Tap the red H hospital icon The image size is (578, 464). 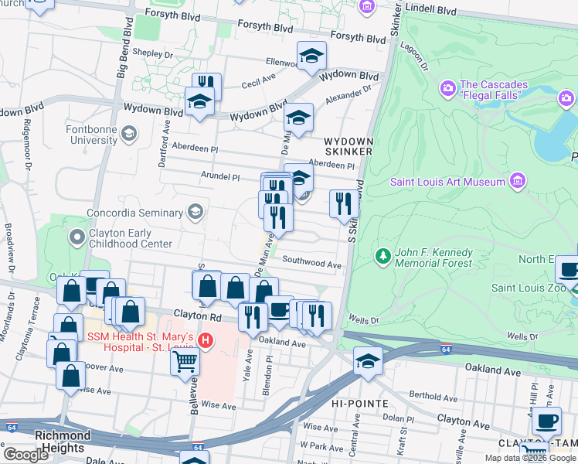click(x=205, y=339)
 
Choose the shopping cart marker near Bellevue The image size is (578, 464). click(x=185, y=360)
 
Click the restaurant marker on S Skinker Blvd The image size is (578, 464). click(x=344, y=204)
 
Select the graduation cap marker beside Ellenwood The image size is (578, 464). click(x=311, y=56)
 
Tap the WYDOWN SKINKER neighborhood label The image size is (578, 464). click(x=348, y=146)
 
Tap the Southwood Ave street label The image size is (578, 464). click(x=311, y=264)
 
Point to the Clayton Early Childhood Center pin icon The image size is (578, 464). click(x=76, y=237)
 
